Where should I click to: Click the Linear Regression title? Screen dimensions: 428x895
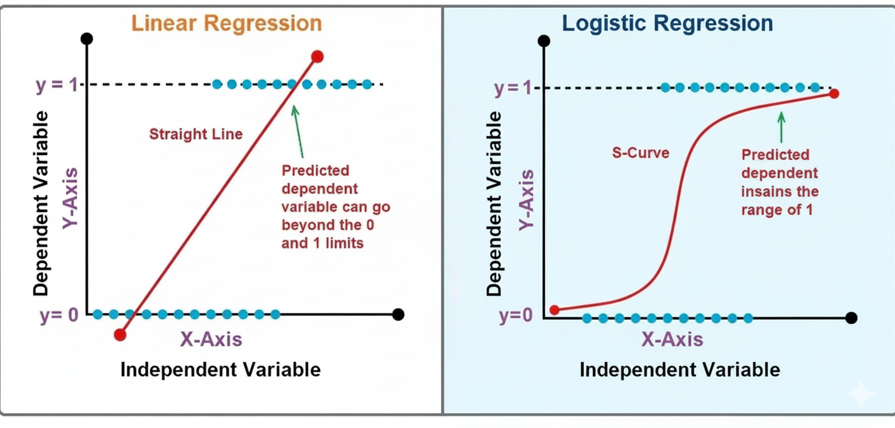coord(227,23)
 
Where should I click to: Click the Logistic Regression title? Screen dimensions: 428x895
coord(668,23)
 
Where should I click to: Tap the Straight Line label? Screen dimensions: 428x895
coord(196,134)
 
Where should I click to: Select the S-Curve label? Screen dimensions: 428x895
coord(640,152)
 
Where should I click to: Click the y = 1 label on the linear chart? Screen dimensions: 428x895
coord(55,85)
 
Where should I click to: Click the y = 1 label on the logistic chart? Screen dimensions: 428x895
coord(513,89)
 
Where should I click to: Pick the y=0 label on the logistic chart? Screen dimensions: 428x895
coord(516,317)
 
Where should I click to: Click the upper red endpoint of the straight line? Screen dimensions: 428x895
coord(317,57)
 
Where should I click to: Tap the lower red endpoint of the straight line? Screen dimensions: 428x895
coord(120,334)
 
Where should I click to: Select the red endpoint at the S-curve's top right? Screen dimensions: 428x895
coord(834,93)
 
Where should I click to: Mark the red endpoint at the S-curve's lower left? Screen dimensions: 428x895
coord(555,309)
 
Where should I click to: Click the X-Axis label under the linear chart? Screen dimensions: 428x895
coord(211,339)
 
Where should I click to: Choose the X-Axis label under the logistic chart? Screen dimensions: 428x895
coord(672,339)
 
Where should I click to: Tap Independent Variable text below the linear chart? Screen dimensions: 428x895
coord(220,369)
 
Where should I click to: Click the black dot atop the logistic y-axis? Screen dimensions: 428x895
coord(545,41)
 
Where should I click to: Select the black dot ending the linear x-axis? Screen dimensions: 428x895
coord(398,314)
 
